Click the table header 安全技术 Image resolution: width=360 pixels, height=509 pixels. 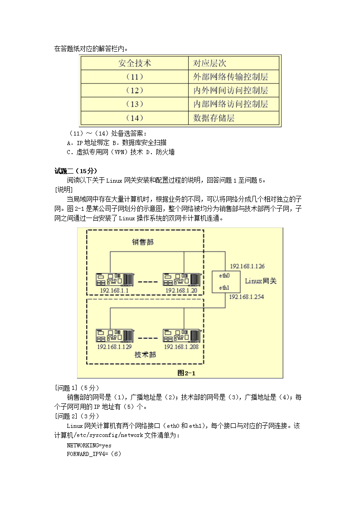(x=135, y=63)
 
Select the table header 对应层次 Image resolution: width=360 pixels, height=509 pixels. (x=209, y=63)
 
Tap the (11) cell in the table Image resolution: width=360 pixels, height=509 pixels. (x=135, y=77)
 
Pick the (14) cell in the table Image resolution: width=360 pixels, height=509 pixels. (x=135, y=118)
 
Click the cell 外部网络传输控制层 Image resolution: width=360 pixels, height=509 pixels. (x=230, y=77)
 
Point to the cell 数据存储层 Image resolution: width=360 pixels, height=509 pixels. (x=214, y=118)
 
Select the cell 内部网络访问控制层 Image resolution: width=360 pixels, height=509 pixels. (x=230, y=104)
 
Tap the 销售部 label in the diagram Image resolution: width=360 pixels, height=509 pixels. (x=143, y=242)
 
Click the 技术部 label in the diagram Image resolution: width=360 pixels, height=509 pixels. (x=145, y=354)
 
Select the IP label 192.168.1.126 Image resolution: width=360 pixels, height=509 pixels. (x=247, y=266)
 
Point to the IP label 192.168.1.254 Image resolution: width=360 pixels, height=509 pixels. (x=247, y=297)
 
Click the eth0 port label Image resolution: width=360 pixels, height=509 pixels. (x=224, y=275)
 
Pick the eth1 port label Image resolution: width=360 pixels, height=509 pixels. (x=224, y=287)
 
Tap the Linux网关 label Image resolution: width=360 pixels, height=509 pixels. (x=261, y=281)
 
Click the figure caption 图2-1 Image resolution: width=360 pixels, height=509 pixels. (x=186, y=373)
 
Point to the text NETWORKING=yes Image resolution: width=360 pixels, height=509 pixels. (x=89, y=446)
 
